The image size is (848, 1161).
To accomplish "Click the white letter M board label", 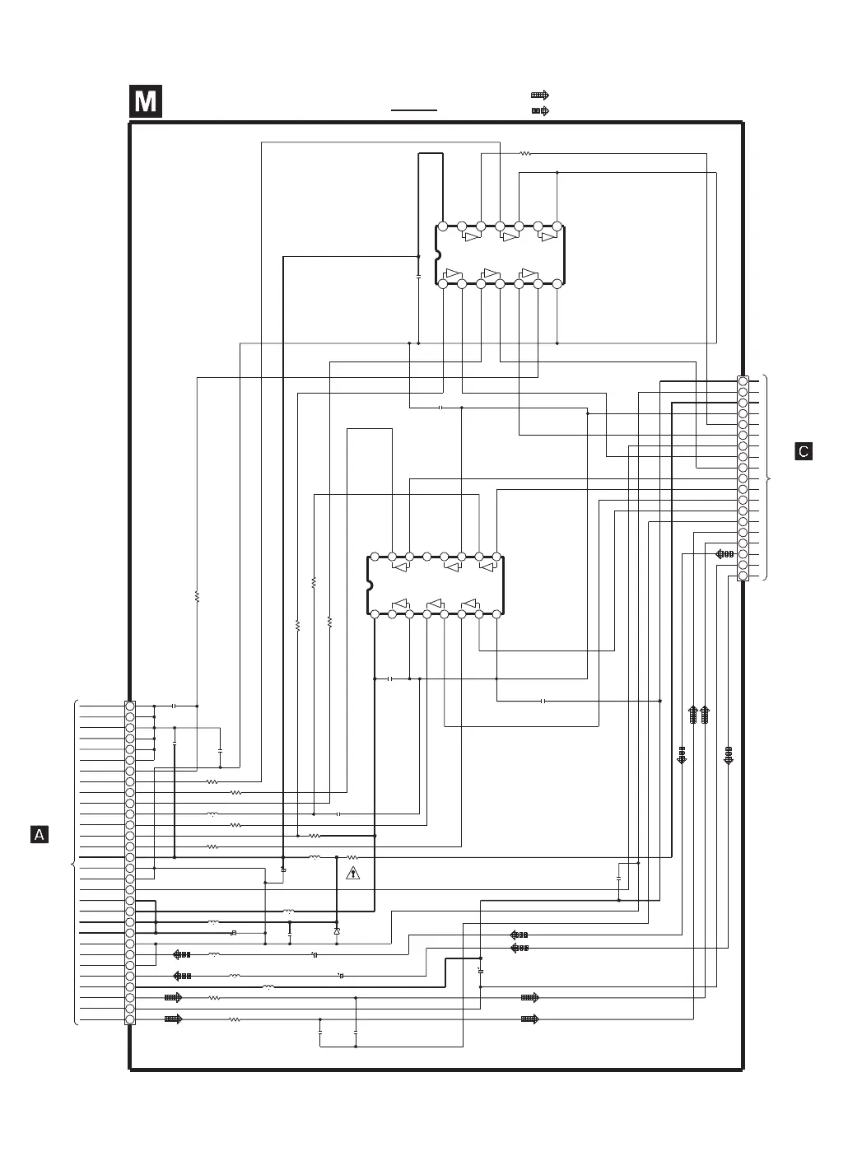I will [x=146, y=102].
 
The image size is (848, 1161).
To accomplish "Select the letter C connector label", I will [x=804, y=451].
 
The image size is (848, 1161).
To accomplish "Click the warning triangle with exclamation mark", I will [x=352, y=873].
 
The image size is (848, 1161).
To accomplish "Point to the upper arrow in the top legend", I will [x=540, y=96].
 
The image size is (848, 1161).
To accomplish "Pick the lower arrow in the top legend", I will [x=540, y=110].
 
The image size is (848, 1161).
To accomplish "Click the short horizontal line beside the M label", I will [x=414, y=109].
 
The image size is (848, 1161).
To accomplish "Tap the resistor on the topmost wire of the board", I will [x=526, y=153].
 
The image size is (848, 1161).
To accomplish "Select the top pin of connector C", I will [x=743, y=381].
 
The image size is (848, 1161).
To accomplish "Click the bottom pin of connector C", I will [x=743, y=576].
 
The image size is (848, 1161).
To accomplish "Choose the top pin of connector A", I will [x=130, y=706].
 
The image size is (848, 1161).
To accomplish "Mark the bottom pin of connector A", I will [x=130, y=1019].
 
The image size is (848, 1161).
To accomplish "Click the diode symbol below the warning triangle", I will [x=336, y=930].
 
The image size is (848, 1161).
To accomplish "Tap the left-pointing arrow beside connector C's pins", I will [x=725, y=553].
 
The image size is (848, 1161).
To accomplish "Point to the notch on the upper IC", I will [x=438, y=255].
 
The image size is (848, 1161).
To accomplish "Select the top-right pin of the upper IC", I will [x=557, y=226].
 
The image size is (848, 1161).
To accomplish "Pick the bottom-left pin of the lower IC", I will [x=375, y=614].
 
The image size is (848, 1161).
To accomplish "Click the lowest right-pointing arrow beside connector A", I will [x=173, y=1019].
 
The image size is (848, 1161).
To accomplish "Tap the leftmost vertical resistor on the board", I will [x=197, y=595].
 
